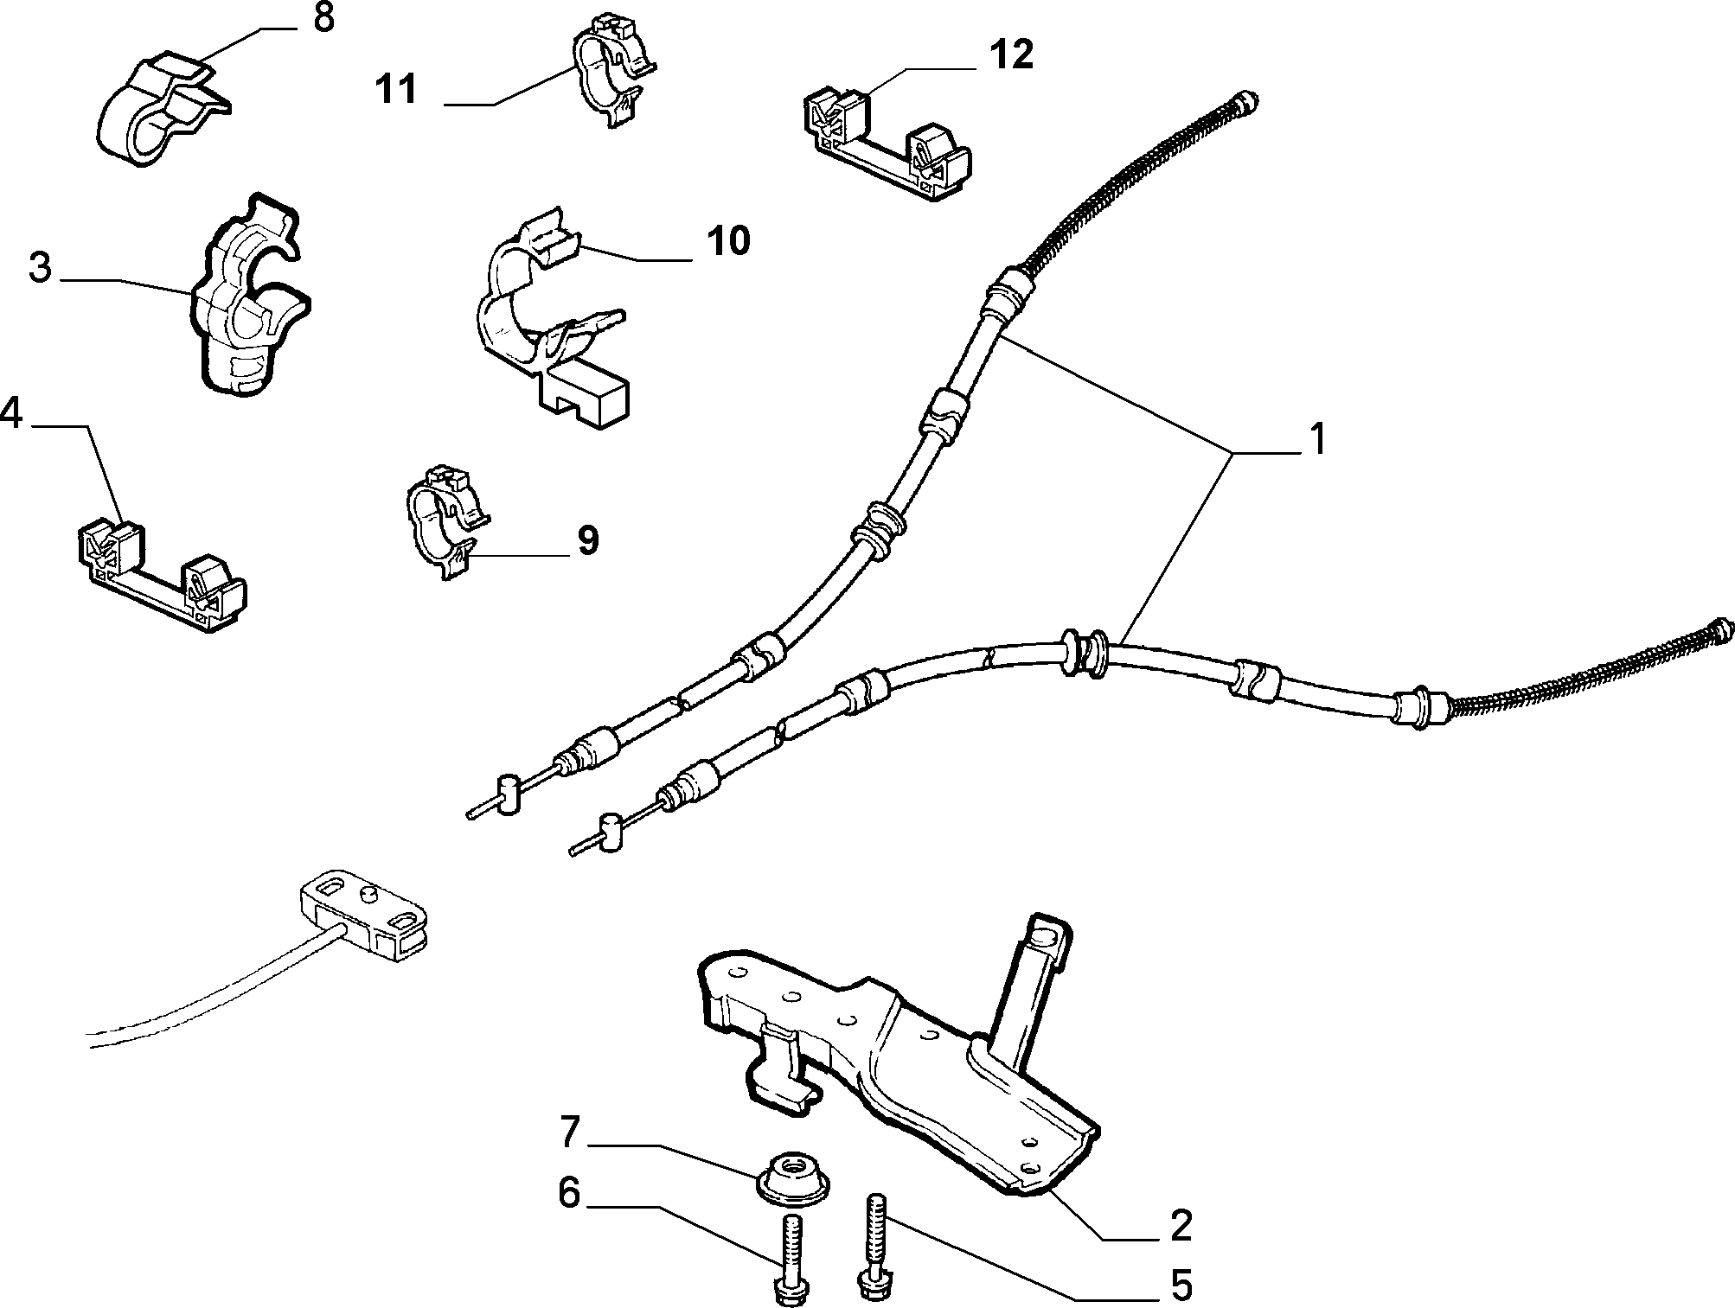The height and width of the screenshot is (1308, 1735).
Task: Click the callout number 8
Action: point(323,18)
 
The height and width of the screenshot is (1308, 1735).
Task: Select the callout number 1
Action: point(1316,439)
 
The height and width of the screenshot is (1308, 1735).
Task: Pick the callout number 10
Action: point(727,240)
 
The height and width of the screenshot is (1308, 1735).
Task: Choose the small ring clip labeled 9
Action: point(443,521)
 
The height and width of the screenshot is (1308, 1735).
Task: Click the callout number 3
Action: point(40,268)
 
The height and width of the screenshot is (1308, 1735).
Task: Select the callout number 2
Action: point(1181,1226)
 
